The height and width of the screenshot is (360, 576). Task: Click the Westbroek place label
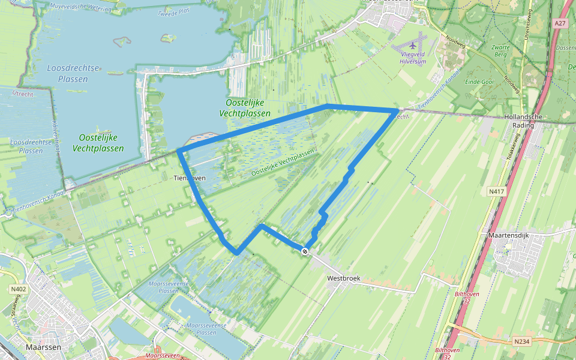click(341, 279)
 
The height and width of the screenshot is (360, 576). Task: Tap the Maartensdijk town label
click(509, 235)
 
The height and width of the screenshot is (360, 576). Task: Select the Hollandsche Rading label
click(524, 121)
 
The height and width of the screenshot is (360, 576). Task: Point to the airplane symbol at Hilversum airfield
click(413, 45)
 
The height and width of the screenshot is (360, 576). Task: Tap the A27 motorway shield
click(560, 23)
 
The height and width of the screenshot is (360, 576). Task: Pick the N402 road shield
click(18, 289)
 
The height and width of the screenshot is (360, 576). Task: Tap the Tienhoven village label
click(190, 178)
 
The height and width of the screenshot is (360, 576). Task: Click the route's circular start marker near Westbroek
click(305, 251)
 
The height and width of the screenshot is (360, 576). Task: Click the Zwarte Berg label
click(499, 50)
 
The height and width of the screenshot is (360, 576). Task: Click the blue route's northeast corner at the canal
click(396, 110)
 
